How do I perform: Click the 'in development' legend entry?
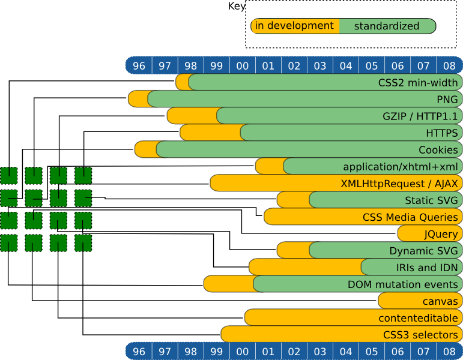point(294,26)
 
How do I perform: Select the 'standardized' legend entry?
point(386,26)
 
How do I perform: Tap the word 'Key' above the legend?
point(237,7)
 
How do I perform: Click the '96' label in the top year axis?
point(139,65)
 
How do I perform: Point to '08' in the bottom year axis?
point(449,351)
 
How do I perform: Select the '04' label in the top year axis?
point(346,65)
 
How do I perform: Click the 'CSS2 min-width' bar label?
point(418,82)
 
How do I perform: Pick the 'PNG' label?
point(447,99)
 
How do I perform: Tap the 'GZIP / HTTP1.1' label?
point(420,116)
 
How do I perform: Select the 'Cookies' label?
point(438,149)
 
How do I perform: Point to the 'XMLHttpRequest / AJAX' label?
point(399,183)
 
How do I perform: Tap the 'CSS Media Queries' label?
point(410,217)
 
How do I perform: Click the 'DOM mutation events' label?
point(403,284)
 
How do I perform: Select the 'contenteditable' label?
point(418,317)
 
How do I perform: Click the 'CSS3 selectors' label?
point(420,334)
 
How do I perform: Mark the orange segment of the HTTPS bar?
point(210,133)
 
